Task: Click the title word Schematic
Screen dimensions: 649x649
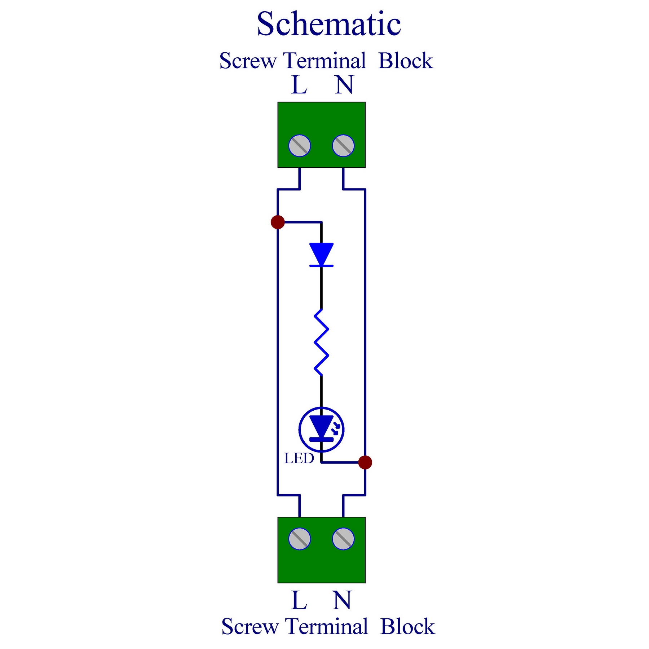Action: click(329, 24)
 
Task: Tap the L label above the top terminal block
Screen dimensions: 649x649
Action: click(299, 85)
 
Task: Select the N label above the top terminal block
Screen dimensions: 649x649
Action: click(344, 85)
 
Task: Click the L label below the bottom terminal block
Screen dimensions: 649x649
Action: click(299, 600)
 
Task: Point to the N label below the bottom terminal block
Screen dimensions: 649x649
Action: click(342, 600)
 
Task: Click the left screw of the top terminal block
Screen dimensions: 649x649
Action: click(300, 146)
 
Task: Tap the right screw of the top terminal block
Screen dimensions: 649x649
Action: click(343, 146)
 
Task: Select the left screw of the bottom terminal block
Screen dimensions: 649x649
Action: click(300, 539)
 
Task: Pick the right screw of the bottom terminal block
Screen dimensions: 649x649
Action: click(343, 539)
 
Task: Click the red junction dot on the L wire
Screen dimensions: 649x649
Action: click(278, 222)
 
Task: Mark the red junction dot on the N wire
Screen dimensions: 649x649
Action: click(365, 462)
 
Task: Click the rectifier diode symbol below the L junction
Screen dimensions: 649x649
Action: click(321, 255)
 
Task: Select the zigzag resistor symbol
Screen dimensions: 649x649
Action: click(321, 342)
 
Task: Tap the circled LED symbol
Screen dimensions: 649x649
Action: click(321, 429)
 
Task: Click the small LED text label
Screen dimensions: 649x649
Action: click(299, 459)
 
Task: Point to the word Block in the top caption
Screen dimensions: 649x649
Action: click(406, 61)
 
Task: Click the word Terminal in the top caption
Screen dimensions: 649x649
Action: click(324, 61)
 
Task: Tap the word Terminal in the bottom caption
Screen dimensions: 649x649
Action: click(326, 627)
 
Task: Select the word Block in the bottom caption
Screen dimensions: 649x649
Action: click(408, 627)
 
